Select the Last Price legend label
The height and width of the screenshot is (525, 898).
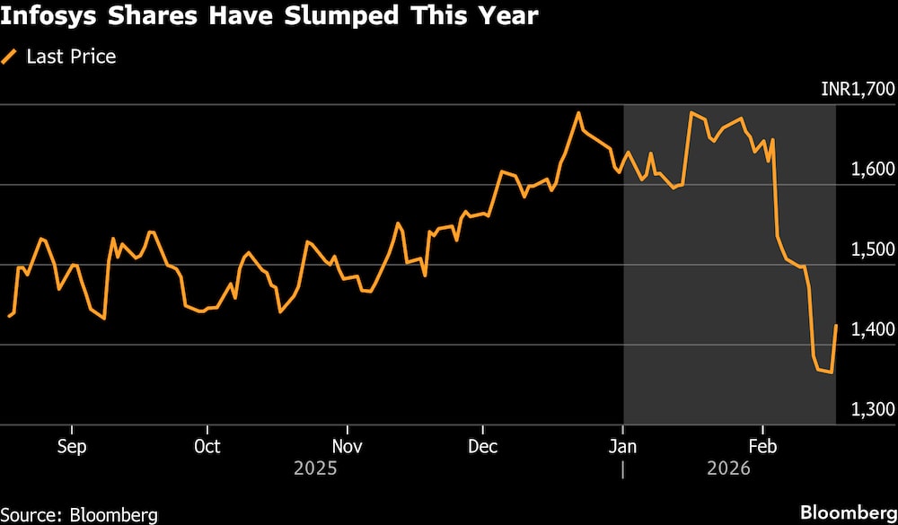[71, 57]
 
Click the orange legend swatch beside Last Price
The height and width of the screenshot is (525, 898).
[11, 57]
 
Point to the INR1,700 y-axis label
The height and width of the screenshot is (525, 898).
[858, 89]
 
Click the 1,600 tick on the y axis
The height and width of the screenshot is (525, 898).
[871, 169]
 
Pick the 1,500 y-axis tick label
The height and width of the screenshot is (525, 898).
[871, 249]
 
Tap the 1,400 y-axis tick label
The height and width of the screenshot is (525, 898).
[871, 329]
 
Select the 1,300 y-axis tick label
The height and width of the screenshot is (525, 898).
[871, 409]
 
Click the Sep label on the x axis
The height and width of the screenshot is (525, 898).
[72, 446]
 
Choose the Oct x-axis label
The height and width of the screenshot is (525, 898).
[207, 446]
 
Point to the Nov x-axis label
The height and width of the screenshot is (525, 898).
[347, 446]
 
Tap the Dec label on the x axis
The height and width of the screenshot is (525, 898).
[483, 446]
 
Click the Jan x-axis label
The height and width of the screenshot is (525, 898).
[622, 446]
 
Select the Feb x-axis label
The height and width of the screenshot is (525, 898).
[762, 446]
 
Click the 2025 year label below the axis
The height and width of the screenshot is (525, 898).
[315, 468]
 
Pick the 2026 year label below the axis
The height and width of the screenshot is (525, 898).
[728, 468]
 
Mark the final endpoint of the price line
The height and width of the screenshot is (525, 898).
[836, 326]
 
